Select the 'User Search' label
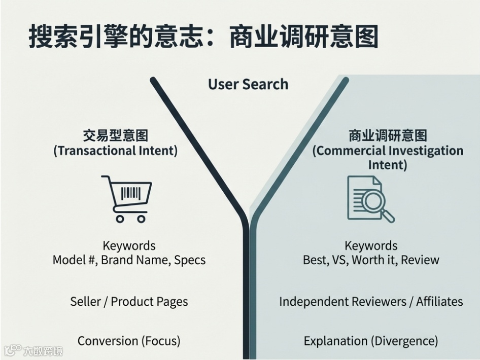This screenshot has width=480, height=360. click(x=248, y=84)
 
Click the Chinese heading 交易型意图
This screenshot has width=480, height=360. click(x=116, y=136)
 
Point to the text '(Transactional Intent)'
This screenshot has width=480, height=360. click(x=116, y=151)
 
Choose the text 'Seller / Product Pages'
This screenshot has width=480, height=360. click(x=129, y=302)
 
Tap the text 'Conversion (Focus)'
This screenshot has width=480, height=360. click(x=129, y=340)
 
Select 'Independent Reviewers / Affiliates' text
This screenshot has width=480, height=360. click(x=371, y=302)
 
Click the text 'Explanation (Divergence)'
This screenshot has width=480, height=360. click(x=371, y=340)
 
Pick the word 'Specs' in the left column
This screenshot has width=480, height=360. click(x=190, y=260)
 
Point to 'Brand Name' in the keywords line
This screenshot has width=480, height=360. click(x=132, y=260)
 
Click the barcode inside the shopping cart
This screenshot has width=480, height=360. click(x=130, y=193)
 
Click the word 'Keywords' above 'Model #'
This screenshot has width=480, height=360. click(x=129, y=246)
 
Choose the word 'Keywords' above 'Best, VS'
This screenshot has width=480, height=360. click(x=371, y=246)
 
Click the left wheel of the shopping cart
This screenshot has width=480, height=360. click(x=120, y=219)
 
